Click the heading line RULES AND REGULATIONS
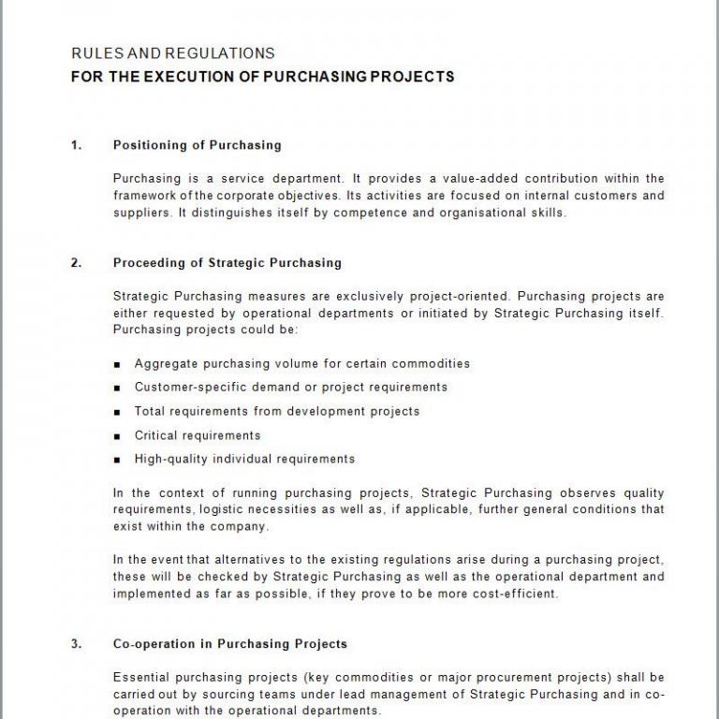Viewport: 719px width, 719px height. point(173,53)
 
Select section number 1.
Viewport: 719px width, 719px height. point(76,145)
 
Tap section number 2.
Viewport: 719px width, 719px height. point(76,263)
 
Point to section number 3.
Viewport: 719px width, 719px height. point(76,644)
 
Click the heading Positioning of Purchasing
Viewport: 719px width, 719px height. point(197,145)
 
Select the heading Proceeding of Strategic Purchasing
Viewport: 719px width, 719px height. point(227,263)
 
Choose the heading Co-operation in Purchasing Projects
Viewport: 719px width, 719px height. point(229,644)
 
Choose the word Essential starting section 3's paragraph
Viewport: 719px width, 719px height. point(140,677)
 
